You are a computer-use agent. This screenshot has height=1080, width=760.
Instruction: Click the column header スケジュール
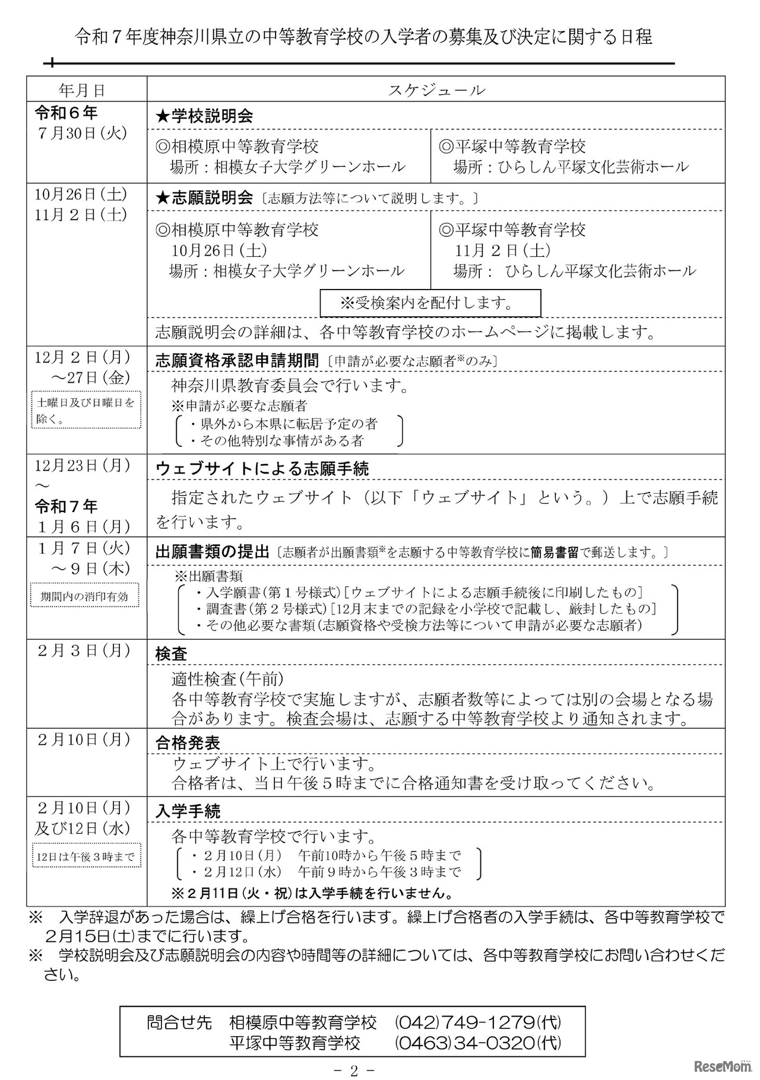click(x=436, y=90)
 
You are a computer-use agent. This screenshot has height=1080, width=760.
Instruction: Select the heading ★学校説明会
click(x=204, y=116)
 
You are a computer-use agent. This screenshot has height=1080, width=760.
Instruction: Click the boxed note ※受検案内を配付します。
click(x=430, y=303)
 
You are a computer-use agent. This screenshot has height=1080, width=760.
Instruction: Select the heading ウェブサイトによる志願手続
click(x=262, y=469)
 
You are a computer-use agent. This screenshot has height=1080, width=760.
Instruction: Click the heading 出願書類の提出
click(x=213, y=552)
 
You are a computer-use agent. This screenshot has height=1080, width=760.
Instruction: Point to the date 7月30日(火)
click(x=82, y=133)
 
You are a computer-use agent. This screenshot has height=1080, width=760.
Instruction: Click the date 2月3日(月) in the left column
click(x=83, y=650)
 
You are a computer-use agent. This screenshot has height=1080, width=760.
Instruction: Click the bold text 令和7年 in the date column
click(x=66, y=506)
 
